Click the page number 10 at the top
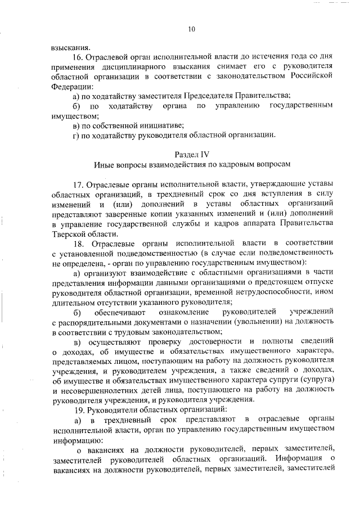click(x=191, y=29)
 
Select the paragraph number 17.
click(x=79, y=184)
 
